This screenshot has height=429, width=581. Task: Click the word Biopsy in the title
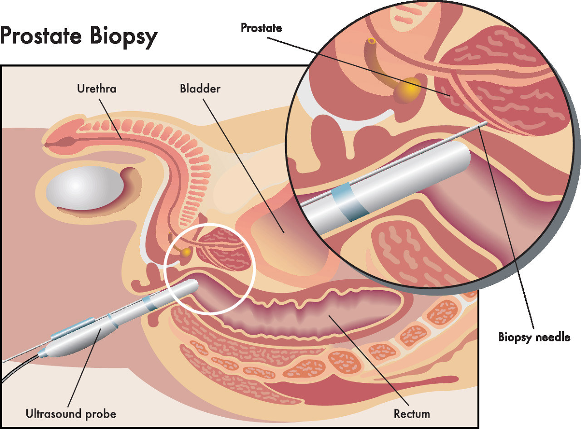point(123,38)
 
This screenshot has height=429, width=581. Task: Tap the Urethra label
point(97,89)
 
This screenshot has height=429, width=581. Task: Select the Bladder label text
point(200,89)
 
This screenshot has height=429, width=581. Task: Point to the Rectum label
point(412,414)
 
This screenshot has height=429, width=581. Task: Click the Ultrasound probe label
point(71,414)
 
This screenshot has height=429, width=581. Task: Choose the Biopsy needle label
point(534,337)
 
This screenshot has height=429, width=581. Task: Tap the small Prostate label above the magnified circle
point(261,28)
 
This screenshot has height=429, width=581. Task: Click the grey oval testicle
point(84,188)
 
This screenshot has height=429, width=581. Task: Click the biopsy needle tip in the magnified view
point(487,122)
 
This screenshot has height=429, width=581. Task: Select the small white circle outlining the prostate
point(210,269)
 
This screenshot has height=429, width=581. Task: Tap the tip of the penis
point(47,144)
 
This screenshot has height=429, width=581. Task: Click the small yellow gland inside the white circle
point(187,252)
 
